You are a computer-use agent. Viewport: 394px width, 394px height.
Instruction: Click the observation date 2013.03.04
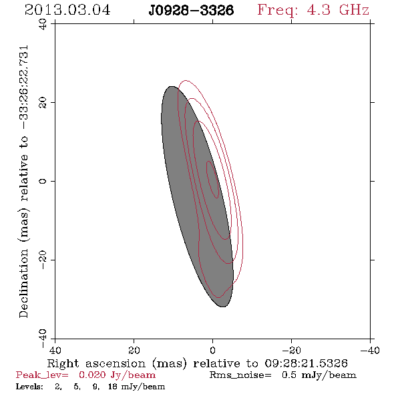[67, 10]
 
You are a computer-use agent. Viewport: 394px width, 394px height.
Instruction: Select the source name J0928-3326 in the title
[191, 11]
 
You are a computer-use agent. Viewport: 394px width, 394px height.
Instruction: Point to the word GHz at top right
[354, 10]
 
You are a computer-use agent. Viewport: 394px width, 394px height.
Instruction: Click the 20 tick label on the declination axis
[43, 103]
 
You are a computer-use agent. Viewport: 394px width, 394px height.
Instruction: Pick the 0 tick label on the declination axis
[43, 181]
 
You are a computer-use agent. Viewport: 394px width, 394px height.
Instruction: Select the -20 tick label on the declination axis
[43, 260]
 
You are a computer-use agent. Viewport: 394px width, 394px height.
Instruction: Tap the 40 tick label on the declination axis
[43, 24]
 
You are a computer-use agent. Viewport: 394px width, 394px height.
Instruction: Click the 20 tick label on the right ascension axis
[134, 350]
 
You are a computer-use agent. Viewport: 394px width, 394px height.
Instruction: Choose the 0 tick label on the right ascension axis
[212, 350]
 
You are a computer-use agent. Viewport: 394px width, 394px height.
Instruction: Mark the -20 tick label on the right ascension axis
[291, 350]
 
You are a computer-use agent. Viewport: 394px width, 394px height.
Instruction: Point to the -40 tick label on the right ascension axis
[370, 350]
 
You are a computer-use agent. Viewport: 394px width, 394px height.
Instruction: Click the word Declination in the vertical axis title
[23, 284]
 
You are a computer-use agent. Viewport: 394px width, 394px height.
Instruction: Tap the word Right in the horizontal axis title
[63, 364]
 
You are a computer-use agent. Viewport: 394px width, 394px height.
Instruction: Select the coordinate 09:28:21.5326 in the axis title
[306, 363]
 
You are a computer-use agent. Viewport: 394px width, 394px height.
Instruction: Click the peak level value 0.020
[92, 375]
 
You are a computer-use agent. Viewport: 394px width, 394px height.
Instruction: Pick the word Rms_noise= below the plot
[240, 375]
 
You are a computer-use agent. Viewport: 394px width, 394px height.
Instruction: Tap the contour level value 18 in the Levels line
[113, 386]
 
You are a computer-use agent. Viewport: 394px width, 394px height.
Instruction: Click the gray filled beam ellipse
[197, 196]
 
